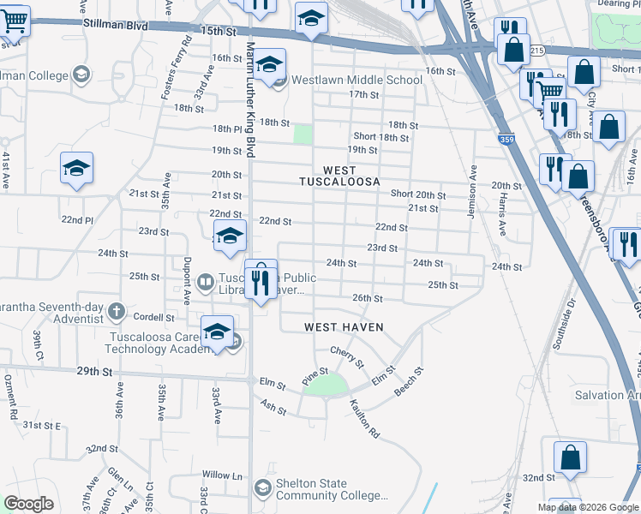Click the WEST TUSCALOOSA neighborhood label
pyautogui.click(x=338, y=176)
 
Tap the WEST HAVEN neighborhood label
pyautogui.click(x=344, y=327)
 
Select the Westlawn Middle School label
pyautogui.click(x=356, y=81)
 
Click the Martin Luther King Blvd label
pyautogui.click(x=251, y=99)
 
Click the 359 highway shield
pyautogui.click(x=506, y=137)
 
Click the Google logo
pyautogui.click(x=29, y=504)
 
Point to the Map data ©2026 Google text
pyautogui.click(x=588, y=507)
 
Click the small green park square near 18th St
pyautogui.click(x=303, y=134)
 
